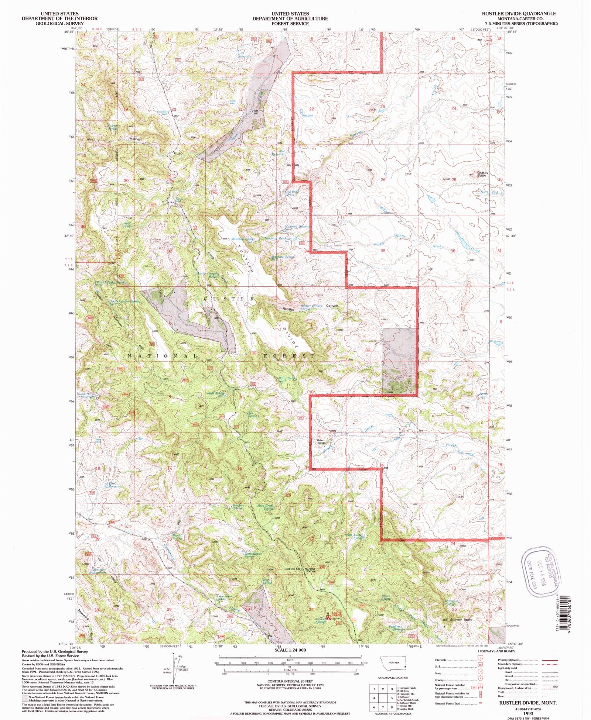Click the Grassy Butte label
pyautogui.click(x=482, y=174)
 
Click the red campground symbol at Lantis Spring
pyautogui.click(x=329, y=617)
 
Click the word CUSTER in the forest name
pyautogui.click(x=229, y=299)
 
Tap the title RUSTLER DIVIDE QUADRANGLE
pyautogui.click(x=519, y=14)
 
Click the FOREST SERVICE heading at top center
pyautogui.click(x=290, y=24)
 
